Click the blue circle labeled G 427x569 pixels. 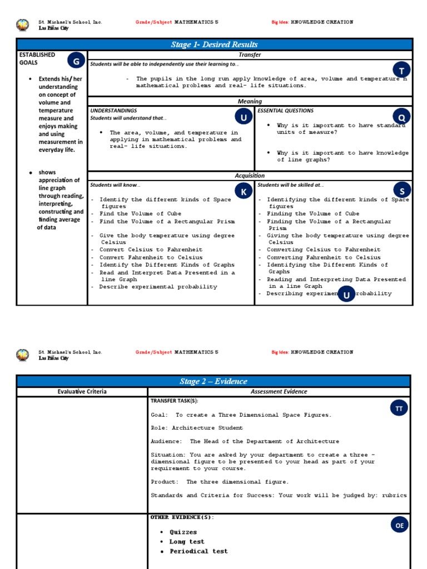(x=76, y=61)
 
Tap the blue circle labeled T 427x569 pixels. (x=401, y=69)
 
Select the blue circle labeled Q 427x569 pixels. (x=401, y=117)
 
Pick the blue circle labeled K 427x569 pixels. (x=243, y=192)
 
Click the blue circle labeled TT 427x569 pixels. (x=399, y=408)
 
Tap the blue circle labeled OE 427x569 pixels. (x=399, y=524)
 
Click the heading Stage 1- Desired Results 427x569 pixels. (x=214, y=44)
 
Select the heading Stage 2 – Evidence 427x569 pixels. (x=213, y=381)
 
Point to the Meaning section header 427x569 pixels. (x=250, y=101)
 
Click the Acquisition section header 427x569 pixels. (x=250, y=176)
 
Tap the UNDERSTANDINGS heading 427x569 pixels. (x=113, y=111)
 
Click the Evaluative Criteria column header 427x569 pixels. (x=82, y=392)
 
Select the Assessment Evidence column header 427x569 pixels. (x=279, y=392)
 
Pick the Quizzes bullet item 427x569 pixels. (x=183, y=532)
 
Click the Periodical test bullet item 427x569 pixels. (x=198, y=551)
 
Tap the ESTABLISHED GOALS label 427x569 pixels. (x=37, y=58)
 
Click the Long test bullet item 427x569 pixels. (x=187, y=542)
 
